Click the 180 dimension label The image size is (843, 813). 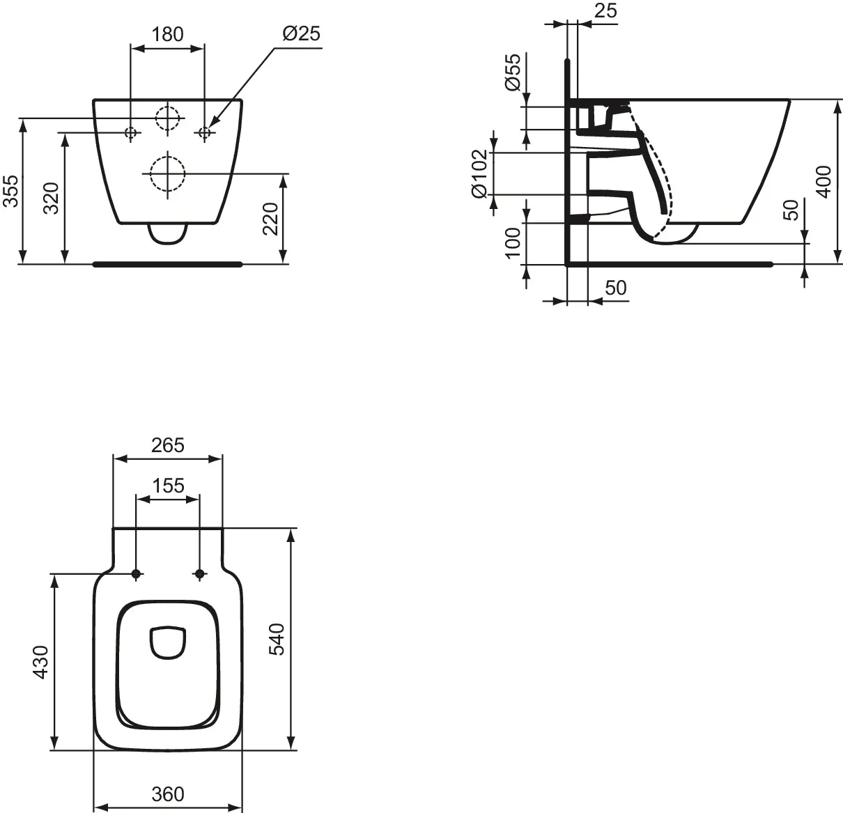168,34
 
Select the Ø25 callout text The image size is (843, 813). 302,33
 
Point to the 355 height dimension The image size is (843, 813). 11,191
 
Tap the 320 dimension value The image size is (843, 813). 52,199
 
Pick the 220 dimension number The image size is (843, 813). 270,219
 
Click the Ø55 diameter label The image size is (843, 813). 513,72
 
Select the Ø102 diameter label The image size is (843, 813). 480,174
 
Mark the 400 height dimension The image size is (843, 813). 824,182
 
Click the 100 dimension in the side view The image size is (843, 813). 513,243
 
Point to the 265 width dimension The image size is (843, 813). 168,445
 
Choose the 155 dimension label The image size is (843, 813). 168,486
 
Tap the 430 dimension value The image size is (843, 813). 41,663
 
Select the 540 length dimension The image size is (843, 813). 277,640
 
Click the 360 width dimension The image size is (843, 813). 168,794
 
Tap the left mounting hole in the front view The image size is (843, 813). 130,132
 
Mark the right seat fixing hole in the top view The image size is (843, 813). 199,574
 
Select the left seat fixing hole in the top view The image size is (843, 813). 136,574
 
